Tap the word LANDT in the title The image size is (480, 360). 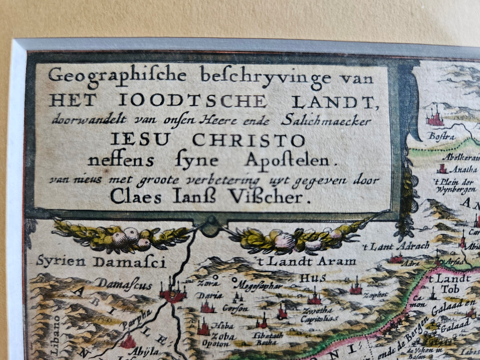coord(328,101)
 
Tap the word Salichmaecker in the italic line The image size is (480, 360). coord(327,121)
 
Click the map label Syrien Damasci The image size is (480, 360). coord(101,262)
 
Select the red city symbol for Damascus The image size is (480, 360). coord(172,293)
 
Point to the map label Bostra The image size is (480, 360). coord(434,136)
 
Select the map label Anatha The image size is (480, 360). coord(463,170)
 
